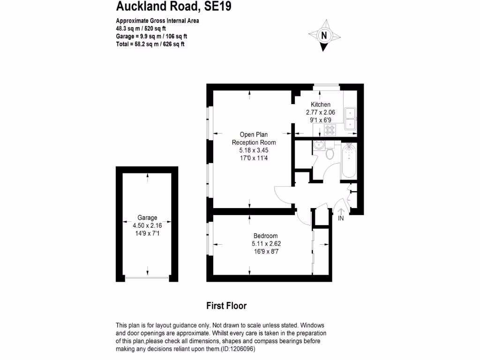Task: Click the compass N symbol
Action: click(x=324, y=35)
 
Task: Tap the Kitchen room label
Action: click(x=321, y=105)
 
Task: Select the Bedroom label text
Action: click(x=266, y=236)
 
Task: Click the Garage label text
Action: click(x=147, y=217)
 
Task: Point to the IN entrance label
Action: click(x=341, y=218)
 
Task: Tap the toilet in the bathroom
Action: click(x=330, y=152)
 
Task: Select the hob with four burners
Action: click(x=330, y=130)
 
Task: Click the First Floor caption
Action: click(x=226, y=306)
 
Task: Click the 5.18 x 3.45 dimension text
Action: click(x=254, y=150)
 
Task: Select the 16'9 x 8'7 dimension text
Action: click(x=266, y=252)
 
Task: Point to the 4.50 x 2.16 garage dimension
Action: click(x=147, y=225)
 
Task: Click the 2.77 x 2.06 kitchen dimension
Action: click(x=321, y=112)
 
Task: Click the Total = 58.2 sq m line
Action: click(x=150, y=44)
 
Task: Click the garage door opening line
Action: click(x=147, y=278)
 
